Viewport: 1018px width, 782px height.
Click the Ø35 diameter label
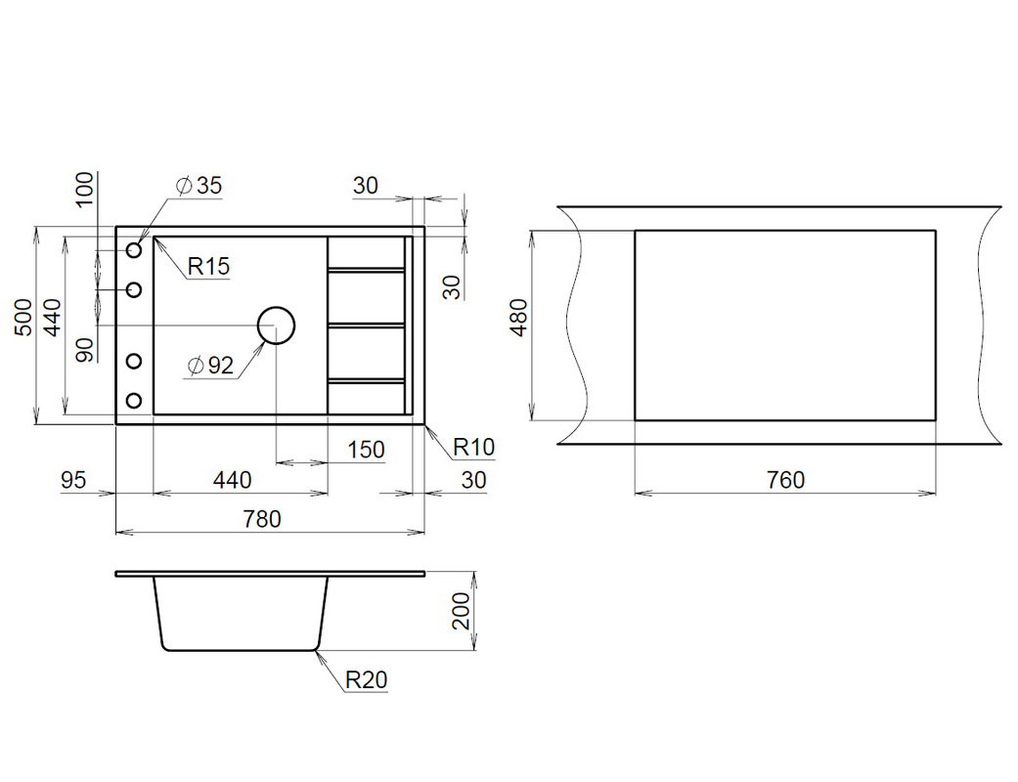(x=199, y=186)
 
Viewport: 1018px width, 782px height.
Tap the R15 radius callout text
(x=208, y=266)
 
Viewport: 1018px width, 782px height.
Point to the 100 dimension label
(x=85, y=189)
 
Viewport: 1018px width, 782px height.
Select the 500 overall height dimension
(x=23, y=317)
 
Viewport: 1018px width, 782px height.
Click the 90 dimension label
(x=85, y=350)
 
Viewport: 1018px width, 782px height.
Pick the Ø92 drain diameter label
(x=209, y=366)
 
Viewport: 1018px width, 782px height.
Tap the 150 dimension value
(x=366, y=450)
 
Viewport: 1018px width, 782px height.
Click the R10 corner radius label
(x=473, y=447)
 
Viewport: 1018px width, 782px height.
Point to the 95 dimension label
(x=73, y=480)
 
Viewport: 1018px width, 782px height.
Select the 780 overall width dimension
(x=262, y=519)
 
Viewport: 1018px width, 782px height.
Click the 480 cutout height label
(x=519, y=318)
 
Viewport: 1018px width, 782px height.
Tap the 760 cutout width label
(x=785, y=480)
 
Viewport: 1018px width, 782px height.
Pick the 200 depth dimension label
(x=461, y=611)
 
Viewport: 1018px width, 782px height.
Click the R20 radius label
(x=366, y=680)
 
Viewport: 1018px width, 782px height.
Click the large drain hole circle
(x=276, y=308)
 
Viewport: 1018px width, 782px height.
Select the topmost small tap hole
(x=134, y=250)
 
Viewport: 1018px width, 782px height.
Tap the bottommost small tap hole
(x=134, y=401)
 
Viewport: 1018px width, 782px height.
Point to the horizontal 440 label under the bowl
(x=232, y=480)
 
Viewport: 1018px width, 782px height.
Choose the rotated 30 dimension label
(x=452, y=286)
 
